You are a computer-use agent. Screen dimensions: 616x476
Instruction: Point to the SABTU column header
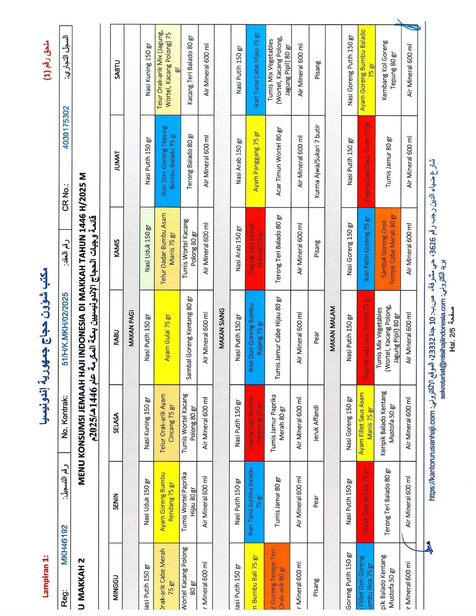tap(117, 69)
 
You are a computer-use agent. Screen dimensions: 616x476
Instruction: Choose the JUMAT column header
tap(117, 161)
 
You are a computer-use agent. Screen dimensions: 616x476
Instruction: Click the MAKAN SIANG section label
tap(222, 328)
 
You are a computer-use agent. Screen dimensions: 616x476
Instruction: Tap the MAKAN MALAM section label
tap(333, 328)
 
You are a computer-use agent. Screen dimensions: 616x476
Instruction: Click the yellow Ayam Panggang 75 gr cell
tap(256, 161)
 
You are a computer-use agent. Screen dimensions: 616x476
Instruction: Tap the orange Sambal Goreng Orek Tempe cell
tap(388, 248)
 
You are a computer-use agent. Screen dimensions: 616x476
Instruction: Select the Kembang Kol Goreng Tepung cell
tap(389, 69)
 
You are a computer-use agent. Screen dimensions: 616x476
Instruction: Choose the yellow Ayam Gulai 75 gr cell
tap(167, 337)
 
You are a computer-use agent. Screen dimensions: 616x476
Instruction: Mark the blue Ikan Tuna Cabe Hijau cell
tap(256, 69)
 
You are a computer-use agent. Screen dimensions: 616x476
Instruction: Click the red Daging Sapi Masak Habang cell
tap(256, 248)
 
